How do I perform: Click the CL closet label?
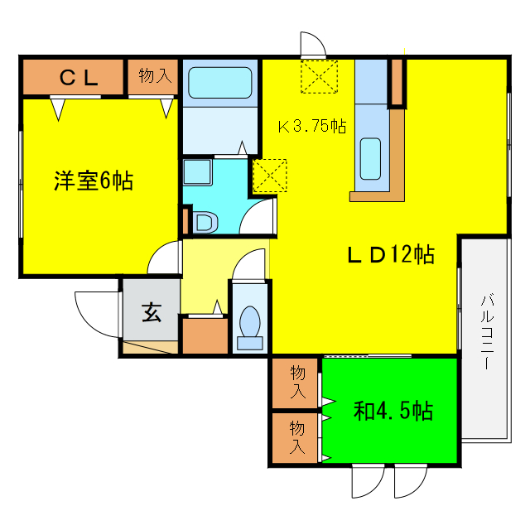(x=79, y=77)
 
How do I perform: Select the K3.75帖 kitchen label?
(x=311, y=126)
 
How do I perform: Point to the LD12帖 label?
(x=389, y=254)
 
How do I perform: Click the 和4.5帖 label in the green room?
(x=393, y=410)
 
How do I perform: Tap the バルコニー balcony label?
(x=487, y=331)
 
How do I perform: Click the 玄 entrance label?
(x=152, y=313)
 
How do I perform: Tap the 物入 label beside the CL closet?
(x=154, y=76)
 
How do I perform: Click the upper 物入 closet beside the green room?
(x=297, y=383)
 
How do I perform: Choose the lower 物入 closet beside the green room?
(x=297, y=437)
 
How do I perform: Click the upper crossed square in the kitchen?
(x=319, y=76)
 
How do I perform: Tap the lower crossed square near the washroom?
(x=269, y=175)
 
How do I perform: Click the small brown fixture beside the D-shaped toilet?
(x=184, y=221)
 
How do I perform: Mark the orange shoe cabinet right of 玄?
(x=203, y=336)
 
